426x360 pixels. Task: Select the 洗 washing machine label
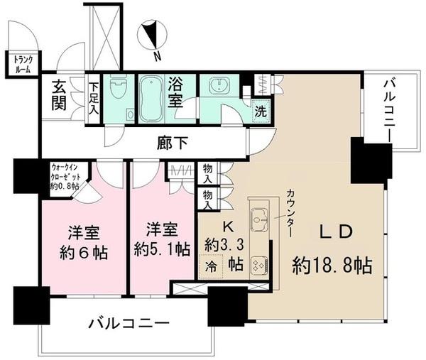[x=261, y=111]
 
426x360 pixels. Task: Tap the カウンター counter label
[x=290, y=212]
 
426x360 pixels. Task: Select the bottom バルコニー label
[x=129, y=324]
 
